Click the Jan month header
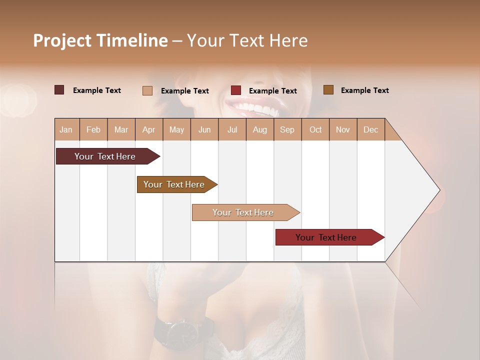tap(66, 129)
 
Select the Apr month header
tap(148, 129)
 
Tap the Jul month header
tap(232, 129)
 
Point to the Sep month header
tap(287, 129)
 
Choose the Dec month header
tap(370, 129)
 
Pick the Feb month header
tap(93, 129)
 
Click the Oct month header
tap(315, 129)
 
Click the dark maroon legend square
tap(59, 90)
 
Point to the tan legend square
tap(147, 90)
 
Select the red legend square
tap(236, 90)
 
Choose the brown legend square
tap(328, 90)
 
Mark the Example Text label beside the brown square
tap(364, 90)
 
